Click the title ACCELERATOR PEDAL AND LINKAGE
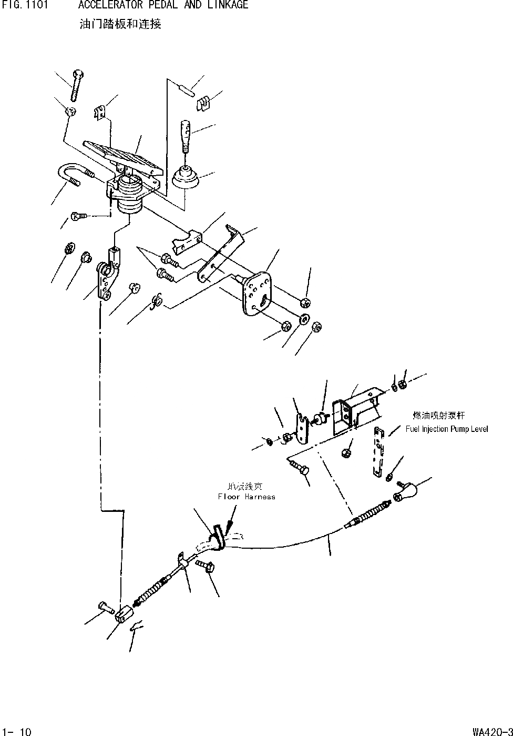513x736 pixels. [x=163, y=5]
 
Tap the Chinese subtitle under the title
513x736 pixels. [x=120, y=24]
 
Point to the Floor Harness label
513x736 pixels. [x=247, y=496]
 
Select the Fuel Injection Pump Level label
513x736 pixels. [x=447, y=429]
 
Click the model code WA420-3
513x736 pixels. [x=492, y=731]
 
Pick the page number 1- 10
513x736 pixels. [x=17, y=731]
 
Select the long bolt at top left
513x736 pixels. [x=76, y=84]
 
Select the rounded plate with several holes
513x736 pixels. [x=256, y=293]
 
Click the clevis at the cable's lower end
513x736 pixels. [x=122, y=614]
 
